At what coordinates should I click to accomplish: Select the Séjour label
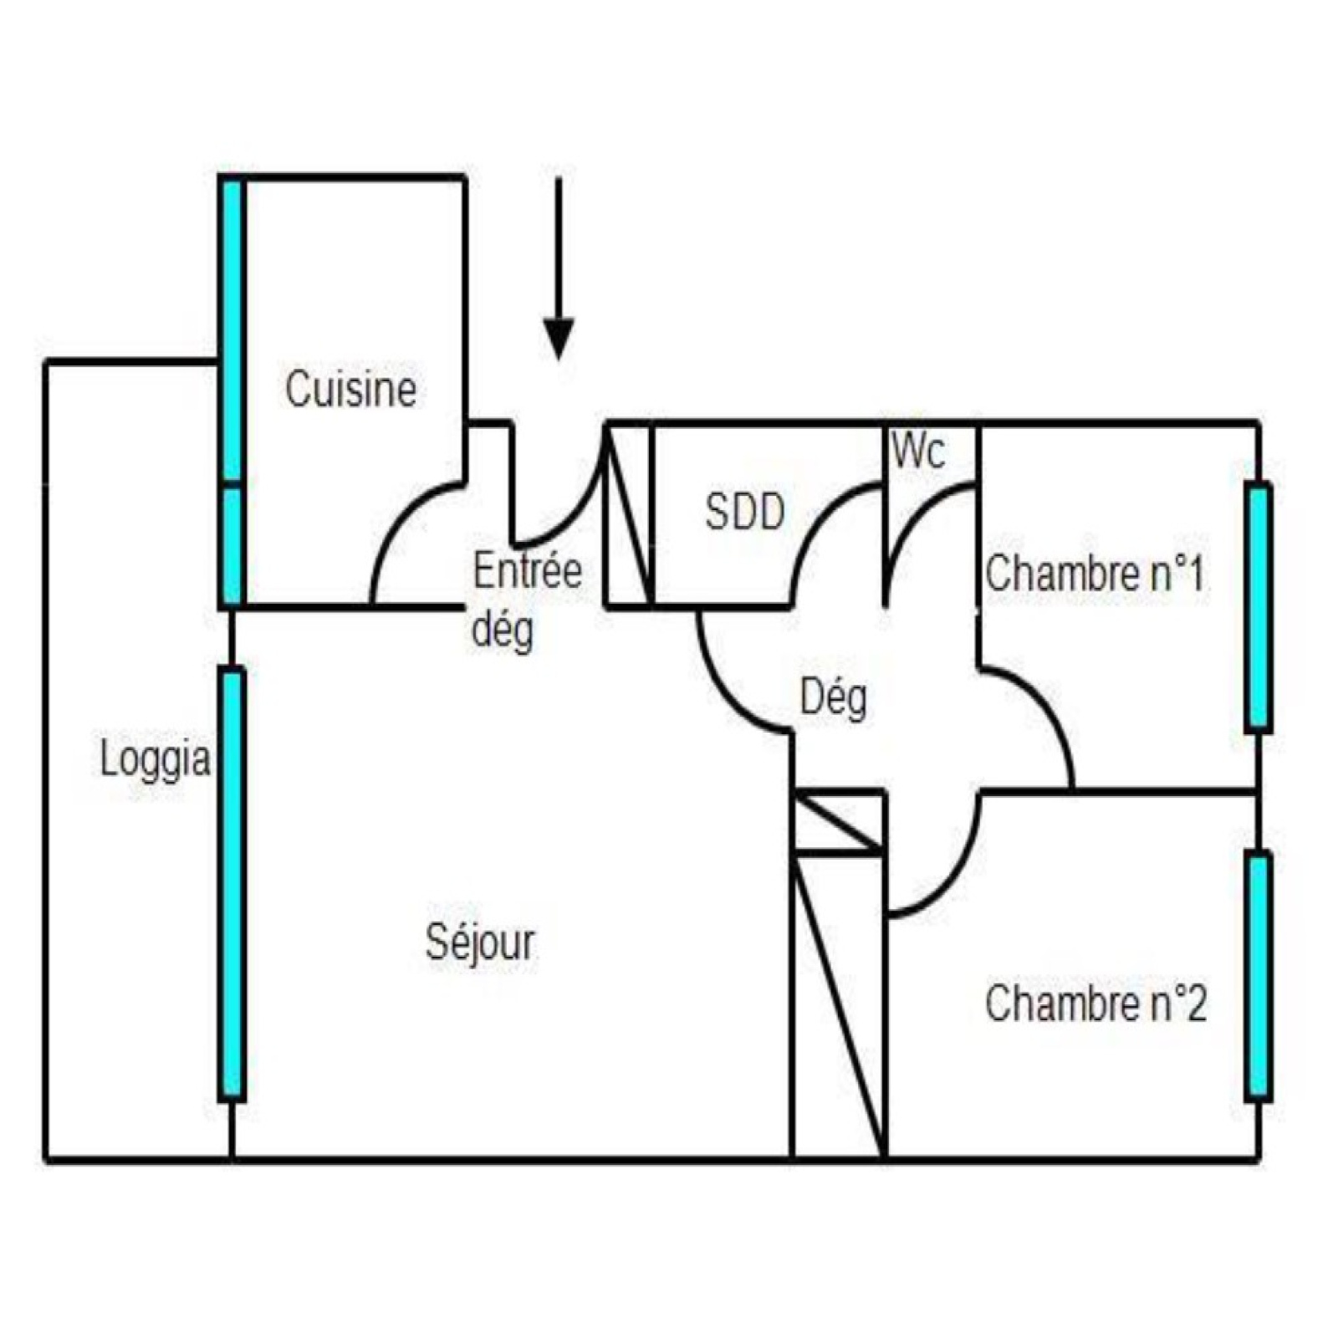tap(480, 942)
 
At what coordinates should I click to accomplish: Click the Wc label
tap(918, 452)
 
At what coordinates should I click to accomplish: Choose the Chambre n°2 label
tap(1095, 1003)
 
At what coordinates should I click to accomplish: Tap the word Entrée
tap(527, 571)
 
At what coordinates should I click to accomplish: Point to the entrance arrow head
tap(558, 338)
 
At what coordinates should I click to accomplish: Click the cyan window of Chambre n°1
tap(1259, 608)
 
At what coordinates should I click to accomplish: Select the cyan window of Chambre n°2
tap(1259, 975)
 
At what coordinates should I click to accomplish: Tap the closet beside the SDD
tap(628, 515)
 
